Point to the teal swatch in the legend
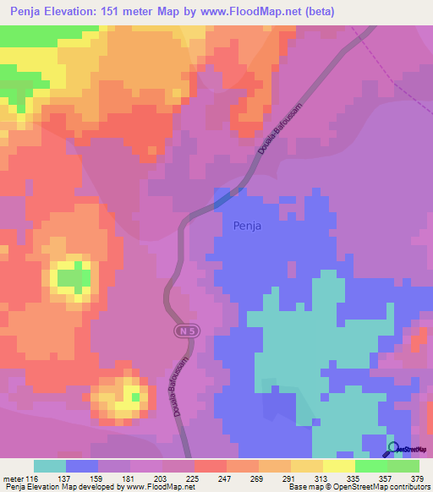pos(50,466)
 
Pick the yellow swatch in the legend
pos(338,466)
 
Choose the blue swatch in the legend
pos(82,466)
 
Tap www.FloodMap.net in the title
pos(257,12)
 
